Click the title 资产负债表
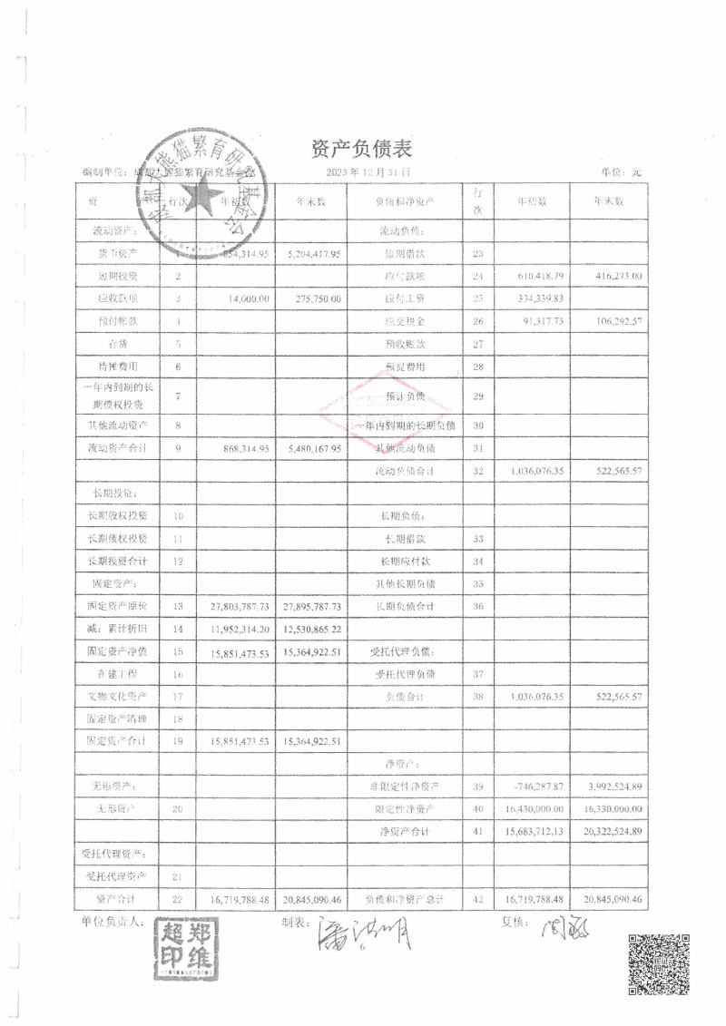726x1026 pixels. (363, 147)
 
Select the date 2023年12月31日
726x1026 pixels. (367, 171)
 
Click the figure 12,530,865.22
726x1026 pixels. (312, 628)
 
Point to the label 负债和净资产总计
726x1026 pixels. (405, 898)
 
